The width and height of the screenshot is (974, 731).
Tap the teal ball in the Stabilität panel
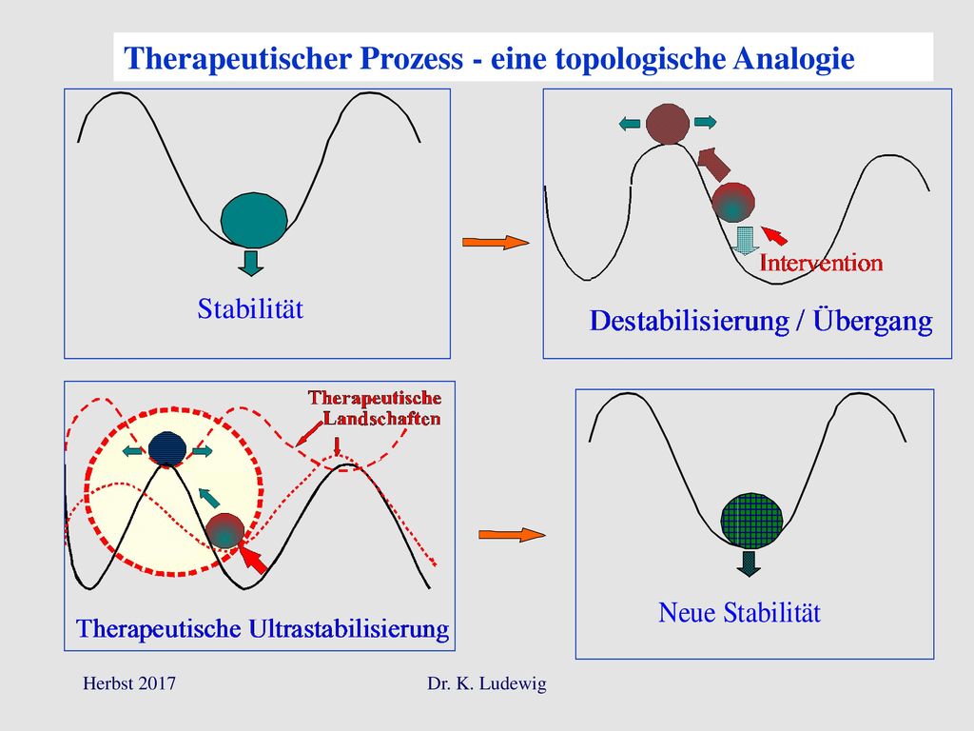tap(254, 219)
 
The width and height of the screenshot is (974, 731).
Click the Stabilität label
tap(250, 309)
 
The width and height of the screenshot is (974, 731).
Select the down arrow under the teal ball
tap(251, 263)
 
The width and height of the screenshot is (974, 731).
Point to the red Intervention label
tap(821, 263)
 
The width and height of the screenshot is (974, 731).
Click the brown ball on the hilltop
tap(668, 124)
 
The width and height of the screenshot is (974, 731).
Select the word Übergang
tap(873, 321)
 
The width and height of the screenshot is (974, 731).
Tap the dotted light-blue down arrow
tap(744, 241)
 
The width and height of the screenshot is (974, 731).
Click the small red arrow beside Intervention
tap(774, 236)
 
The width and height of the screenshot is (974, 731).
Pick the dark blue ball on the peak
tap(167, 448)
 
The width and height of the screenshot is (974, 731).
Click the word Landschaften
tap(381, 419)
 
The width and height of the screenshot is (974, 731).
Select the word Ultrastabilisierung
tap(348, 628)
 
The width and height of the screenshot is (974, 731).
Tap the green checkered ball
tap(751, 521)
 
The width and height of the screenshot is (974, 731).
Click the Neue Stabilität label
tap(739, 612)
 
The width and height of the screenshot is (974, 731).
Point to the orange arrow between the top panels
tap(496, 243)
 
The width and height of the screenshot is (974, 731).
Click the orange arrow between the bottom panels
tap(512, 535)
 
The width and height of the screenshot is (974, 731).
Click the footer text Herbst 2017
tap(129, 683)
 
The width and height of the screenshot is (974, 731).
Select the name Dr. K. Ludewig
tap(487, 683)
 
